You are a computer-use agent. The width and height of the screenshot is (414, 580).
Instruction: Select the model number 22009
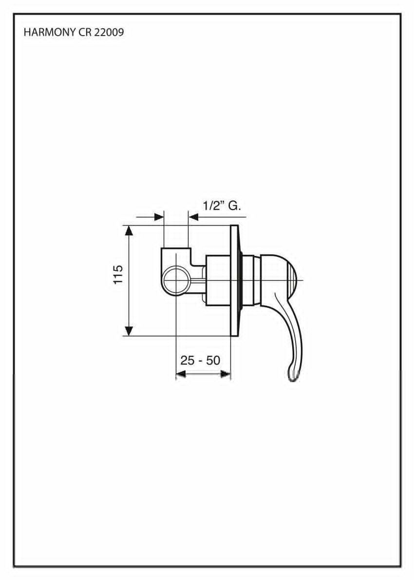[109, 33]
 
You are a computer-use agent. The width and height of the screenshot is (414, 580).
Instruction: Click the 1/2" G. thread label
[222, 206]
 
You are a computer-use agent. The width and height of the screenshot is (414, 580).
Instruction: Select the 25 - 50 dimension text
[200, 360]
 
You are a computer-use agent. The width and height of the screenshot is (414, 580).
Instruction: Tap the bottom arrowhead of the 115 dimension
[129, 331]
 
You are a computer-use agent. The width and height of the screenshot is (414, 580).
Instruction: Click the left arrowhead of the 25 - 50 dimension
[180, 375]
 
